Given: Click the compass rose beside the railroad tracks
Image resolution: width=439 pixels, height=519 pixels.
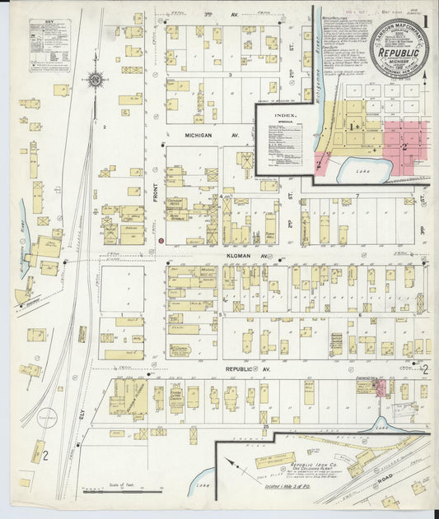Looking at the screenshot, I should pyautogui.click(x=96, y=81).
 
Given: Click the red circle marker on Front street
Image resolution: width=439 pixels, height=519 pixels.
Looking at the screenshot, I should pyautogui.click(x=161, y=240).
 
